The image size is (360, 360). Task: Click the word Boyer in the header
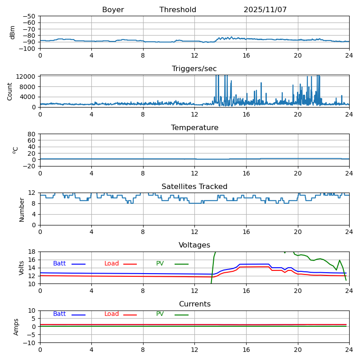point(113,10)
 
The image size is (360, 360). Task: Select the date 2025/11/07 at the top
point(265,10)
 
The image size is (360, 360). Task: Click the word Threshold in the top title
point(178,10)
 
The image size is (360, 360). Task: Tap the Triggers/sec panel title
point(194,69)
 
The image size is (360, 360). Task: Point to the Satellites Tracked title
point(194,187)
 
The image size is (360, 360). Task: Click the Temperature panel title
point(194,128)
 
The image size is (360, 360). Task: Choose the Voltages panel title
point(194,245)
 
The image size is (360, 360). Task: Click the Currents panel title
point(194,304)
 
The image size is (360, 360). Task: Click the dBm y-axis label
point(13,32)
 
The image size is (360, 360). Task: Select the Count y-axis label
point(10,91)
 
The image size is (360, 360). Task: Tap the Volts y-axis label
point(22,268)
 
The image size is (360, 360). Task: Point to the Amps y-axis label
point(16,327)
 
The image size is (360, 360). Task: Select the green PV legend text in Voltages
point(161,264)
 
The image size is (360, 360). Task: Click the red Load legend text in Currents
point(112,314)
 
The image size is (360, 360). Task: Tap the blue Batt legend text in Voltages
point(59,264)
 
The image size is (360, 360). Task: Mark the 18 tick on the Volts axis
point(32,252)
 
